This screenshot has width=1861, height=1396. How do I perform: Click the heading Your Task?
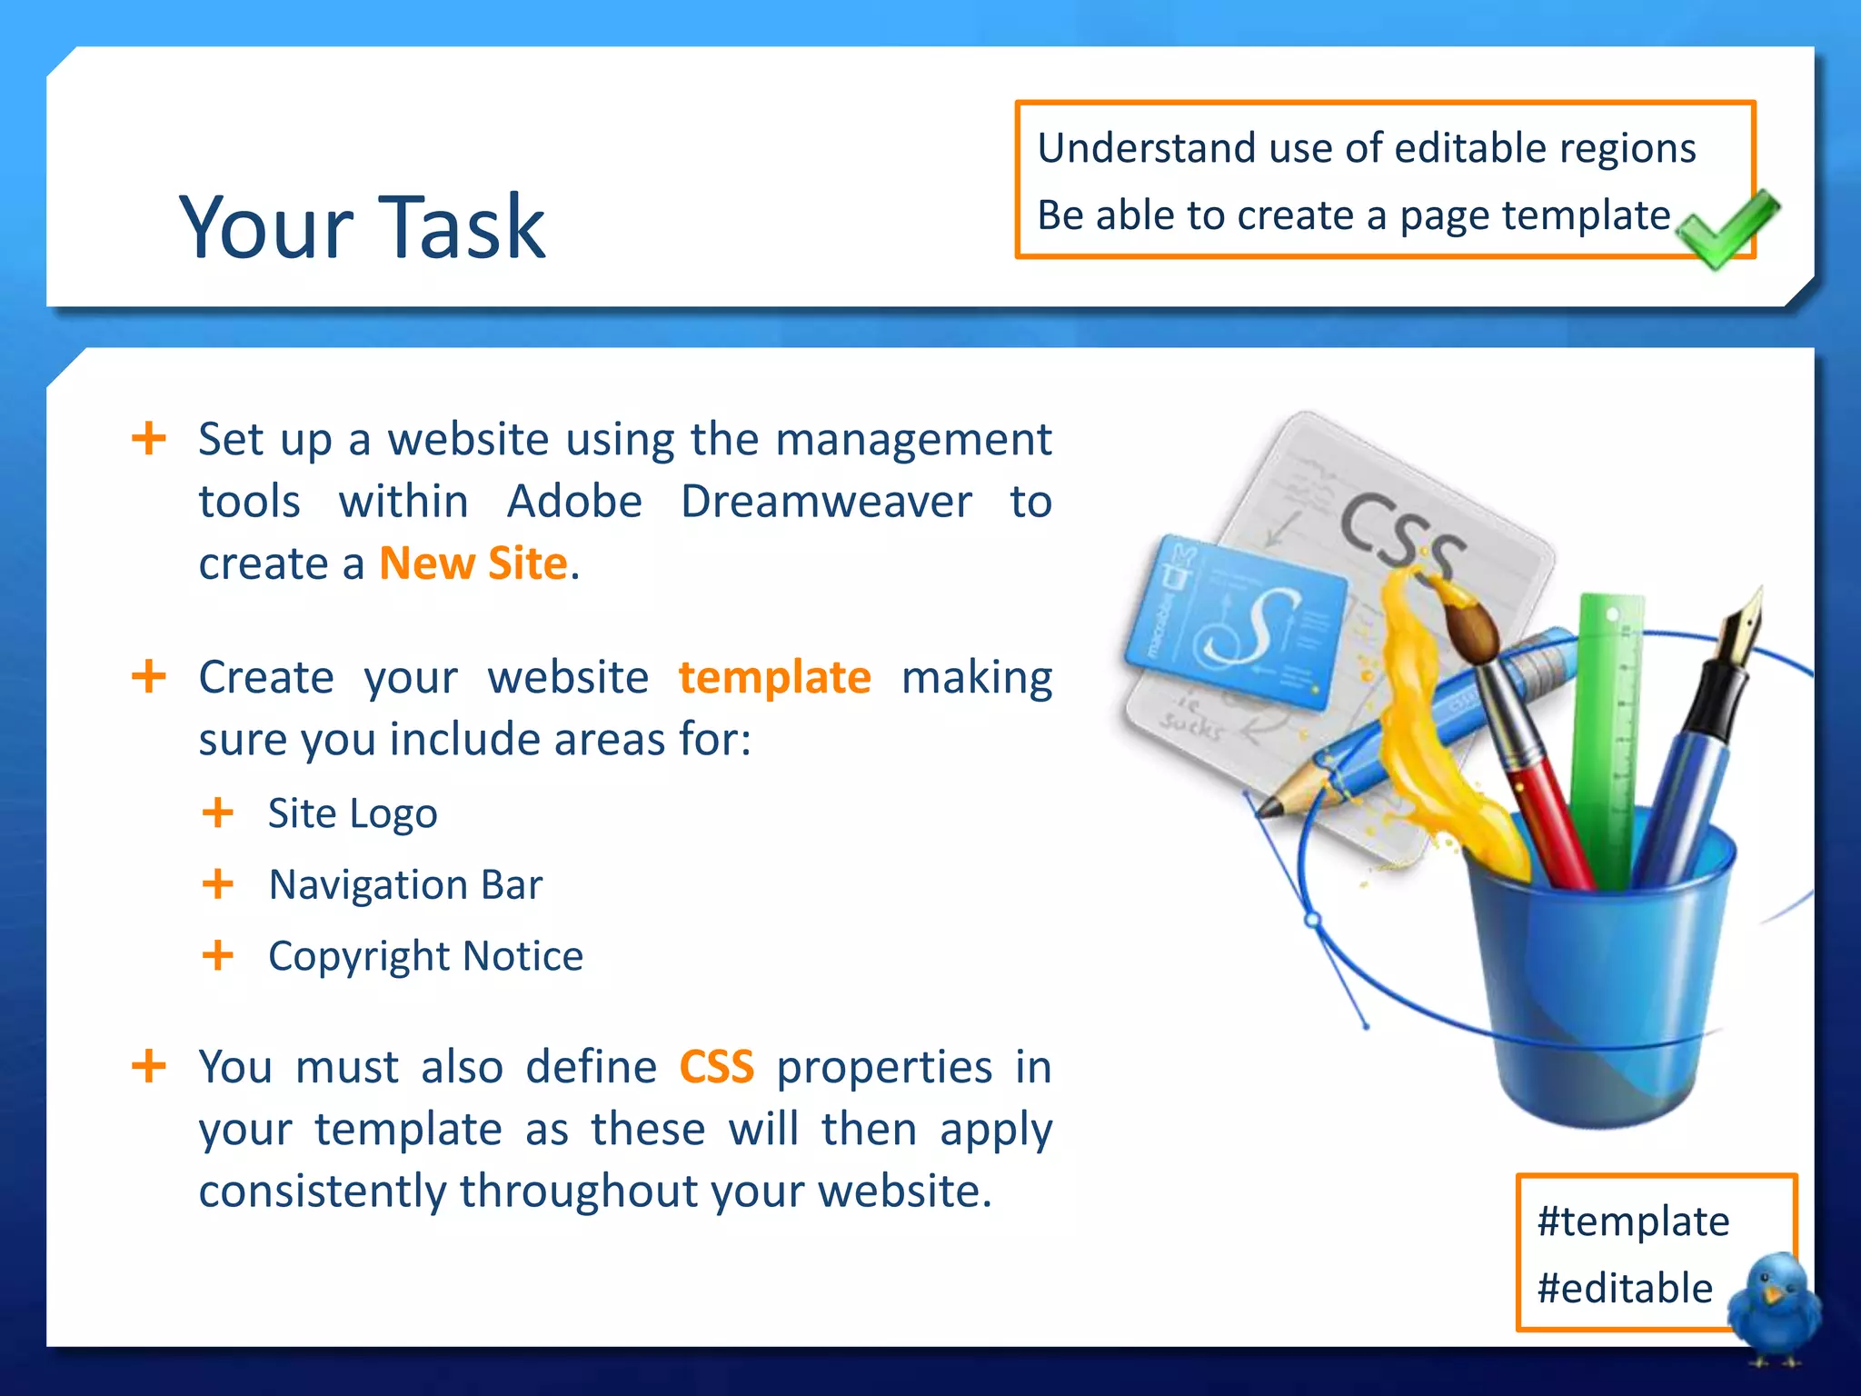[362, 227]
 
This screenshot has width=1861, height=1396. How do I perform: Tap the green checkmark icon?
[1726, 229]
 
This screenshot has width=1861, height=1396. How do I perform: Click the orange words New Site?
[473, 563]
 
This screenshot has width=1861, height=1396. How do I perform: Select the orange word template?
[775, 678]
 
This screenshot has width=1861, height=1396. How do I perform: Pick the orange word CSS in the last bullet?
[717, 1067]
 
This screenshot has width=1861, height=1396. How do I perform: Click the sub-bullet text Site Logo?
[353, 813]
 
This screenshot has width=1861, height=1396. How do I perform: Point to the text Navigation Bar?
[405, 885]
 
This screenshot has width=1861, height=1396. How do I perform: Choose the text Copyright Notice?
[425, 956]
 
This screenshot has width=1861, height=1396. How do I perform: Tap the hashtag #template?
[1633, 1221]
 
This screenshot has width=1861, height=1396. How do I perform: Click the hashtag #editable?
[1625, 1289]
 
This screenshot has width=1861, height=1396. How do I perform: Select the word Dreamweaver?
[826, 502]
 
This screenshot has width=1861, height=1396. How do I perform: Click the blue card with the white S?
[1236, 622]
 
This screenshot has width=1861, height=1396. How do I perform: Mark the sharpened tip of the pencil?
[1265, 807]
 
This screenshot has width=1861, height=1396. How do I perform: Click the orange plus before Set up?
[149, 439]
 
